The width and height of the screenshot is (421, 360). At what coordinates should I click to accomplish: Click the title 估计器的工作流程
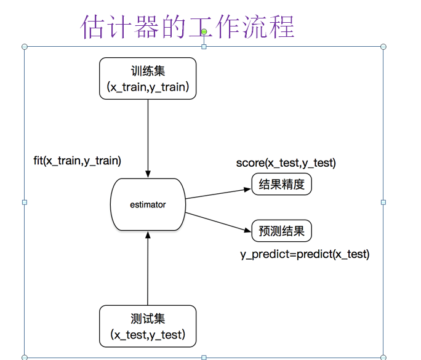tap(188, 26)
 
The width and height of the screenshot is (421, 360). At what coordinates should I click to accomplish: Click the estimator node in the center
tap(148, 205)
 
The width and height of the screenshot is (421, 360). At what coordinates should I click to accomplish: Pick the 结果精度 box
tap(282, 184)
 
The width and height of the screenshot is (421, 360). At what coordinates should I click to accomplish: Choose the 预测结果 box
tap(282, 231)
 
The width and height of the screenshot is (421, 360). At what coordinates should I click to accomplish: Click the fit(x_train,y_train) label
tap(77, 161)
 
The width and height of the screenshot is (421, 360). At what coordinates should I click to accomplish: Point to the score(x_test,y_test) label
tap(286, 162)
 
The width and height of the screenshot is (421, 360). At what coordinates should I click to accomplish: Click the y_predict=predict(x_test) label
tap(305, 254)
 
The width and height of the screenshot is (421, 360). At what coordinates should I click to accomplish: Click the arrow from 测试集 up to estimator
tap(148, 268)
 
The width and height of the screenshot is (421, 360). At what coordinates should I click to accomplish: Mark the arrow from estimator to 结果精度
tap(219, 193)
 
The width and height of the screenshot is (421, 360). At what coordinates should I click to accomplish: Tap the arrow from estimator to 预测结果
tap(219, 222)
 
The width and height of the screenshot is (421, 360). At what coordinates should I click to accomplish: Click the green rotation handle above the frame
tap(204, 31)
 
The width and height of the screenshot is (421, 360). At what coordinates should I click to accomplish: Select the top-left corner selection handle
tap(25, 47)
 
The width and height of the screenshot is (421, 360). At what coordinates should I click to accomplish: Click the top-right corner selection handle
tap(383, 47)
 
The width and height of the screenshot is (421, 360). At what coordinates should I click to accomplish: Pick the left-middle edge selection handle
tap(25, 202)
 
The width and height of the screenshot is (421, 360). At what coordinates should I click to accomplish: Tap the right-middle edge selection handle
tap(383, 202)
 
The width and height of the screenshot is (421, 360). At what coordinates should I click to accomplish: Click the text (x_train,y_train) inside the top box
tap(148, 87)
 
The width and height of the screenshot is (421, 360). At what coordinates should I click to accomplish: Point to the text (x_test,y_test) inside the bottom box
tap(148, 335)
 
